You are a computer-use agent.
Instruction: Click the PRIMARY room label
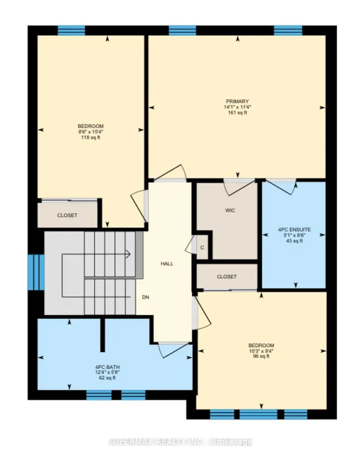[x=236, y=101]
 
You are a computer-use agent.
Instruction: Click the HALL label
[x=167, y=264]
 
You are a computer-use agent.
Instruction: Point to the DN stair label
[x=146, y=297]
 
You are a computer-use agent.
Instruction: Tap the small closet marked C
[x=202, y=247]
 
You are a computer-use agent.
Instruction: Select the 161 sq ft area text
[x=236, y=113]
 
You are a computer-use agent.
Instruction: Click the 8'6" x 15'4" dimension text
[x=91, y=131]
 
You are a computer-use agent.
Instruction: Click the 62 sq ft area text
[x=105, y=378]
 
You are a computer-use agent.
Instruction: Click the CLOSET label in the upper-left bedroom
[x=67, y=215]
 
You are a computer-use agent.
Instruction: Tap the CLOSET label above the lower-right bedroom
[x=226, y=276]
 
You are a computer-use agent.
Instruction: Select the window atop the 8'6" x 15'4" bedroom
[x=71, y=30]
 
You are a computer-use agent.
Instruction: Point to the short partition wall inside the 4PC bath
[x=103, y=334]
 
